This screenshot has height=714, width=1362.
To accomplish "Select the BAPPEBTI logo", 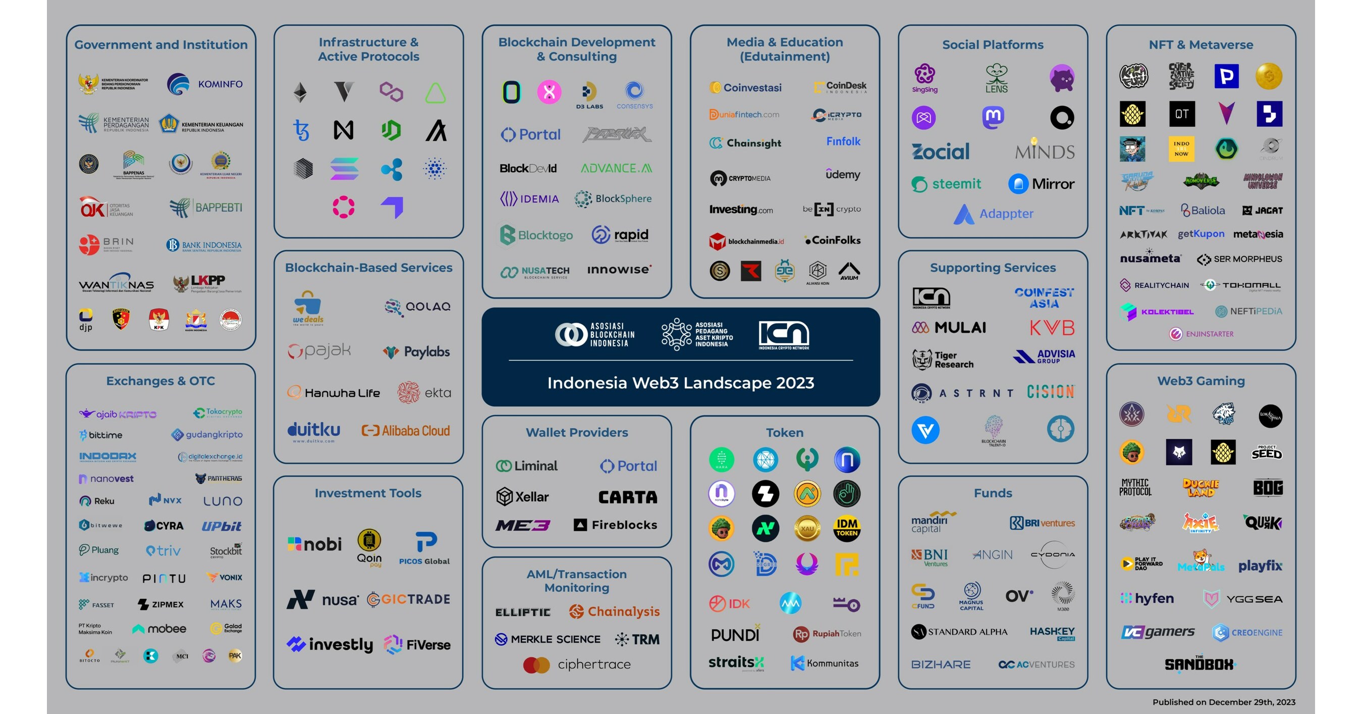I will (206, 208).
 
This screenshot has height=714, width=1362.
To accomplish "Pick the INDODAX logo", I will (107, 456).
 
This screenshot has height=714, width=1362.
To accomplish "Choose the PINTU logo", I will (164, 578).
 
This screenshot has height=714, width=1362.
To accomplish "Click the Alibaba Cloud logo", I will (406, 431).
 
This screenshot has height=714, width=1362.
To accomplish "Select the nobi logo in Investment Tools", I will (314, 544).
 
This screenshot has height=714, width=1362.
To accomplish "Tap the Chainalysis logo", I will (614, 611).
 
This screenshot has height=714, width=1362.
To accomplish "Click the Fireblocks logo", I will (616, 525).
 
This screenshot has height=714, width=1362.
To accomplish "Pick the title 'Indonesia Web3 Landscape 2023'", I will (680, 383).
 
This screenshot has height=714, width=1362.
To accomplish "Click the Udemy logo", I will (843, 175).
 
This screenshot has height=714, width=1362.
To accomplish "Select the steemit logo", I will (946, 184).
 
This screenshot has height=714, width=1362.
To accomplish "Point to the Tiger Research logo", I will (943, 360).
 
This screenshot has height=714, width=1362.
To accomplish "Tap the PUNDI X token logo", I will (735, 634).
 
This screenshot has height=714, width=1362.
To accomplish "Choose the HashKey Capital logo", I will (1052, 633).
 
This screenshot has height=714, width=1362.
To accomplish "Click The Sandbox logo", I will (1199, 664).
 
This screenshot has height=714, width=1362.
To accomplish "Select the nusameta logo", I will (1150, 258).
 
